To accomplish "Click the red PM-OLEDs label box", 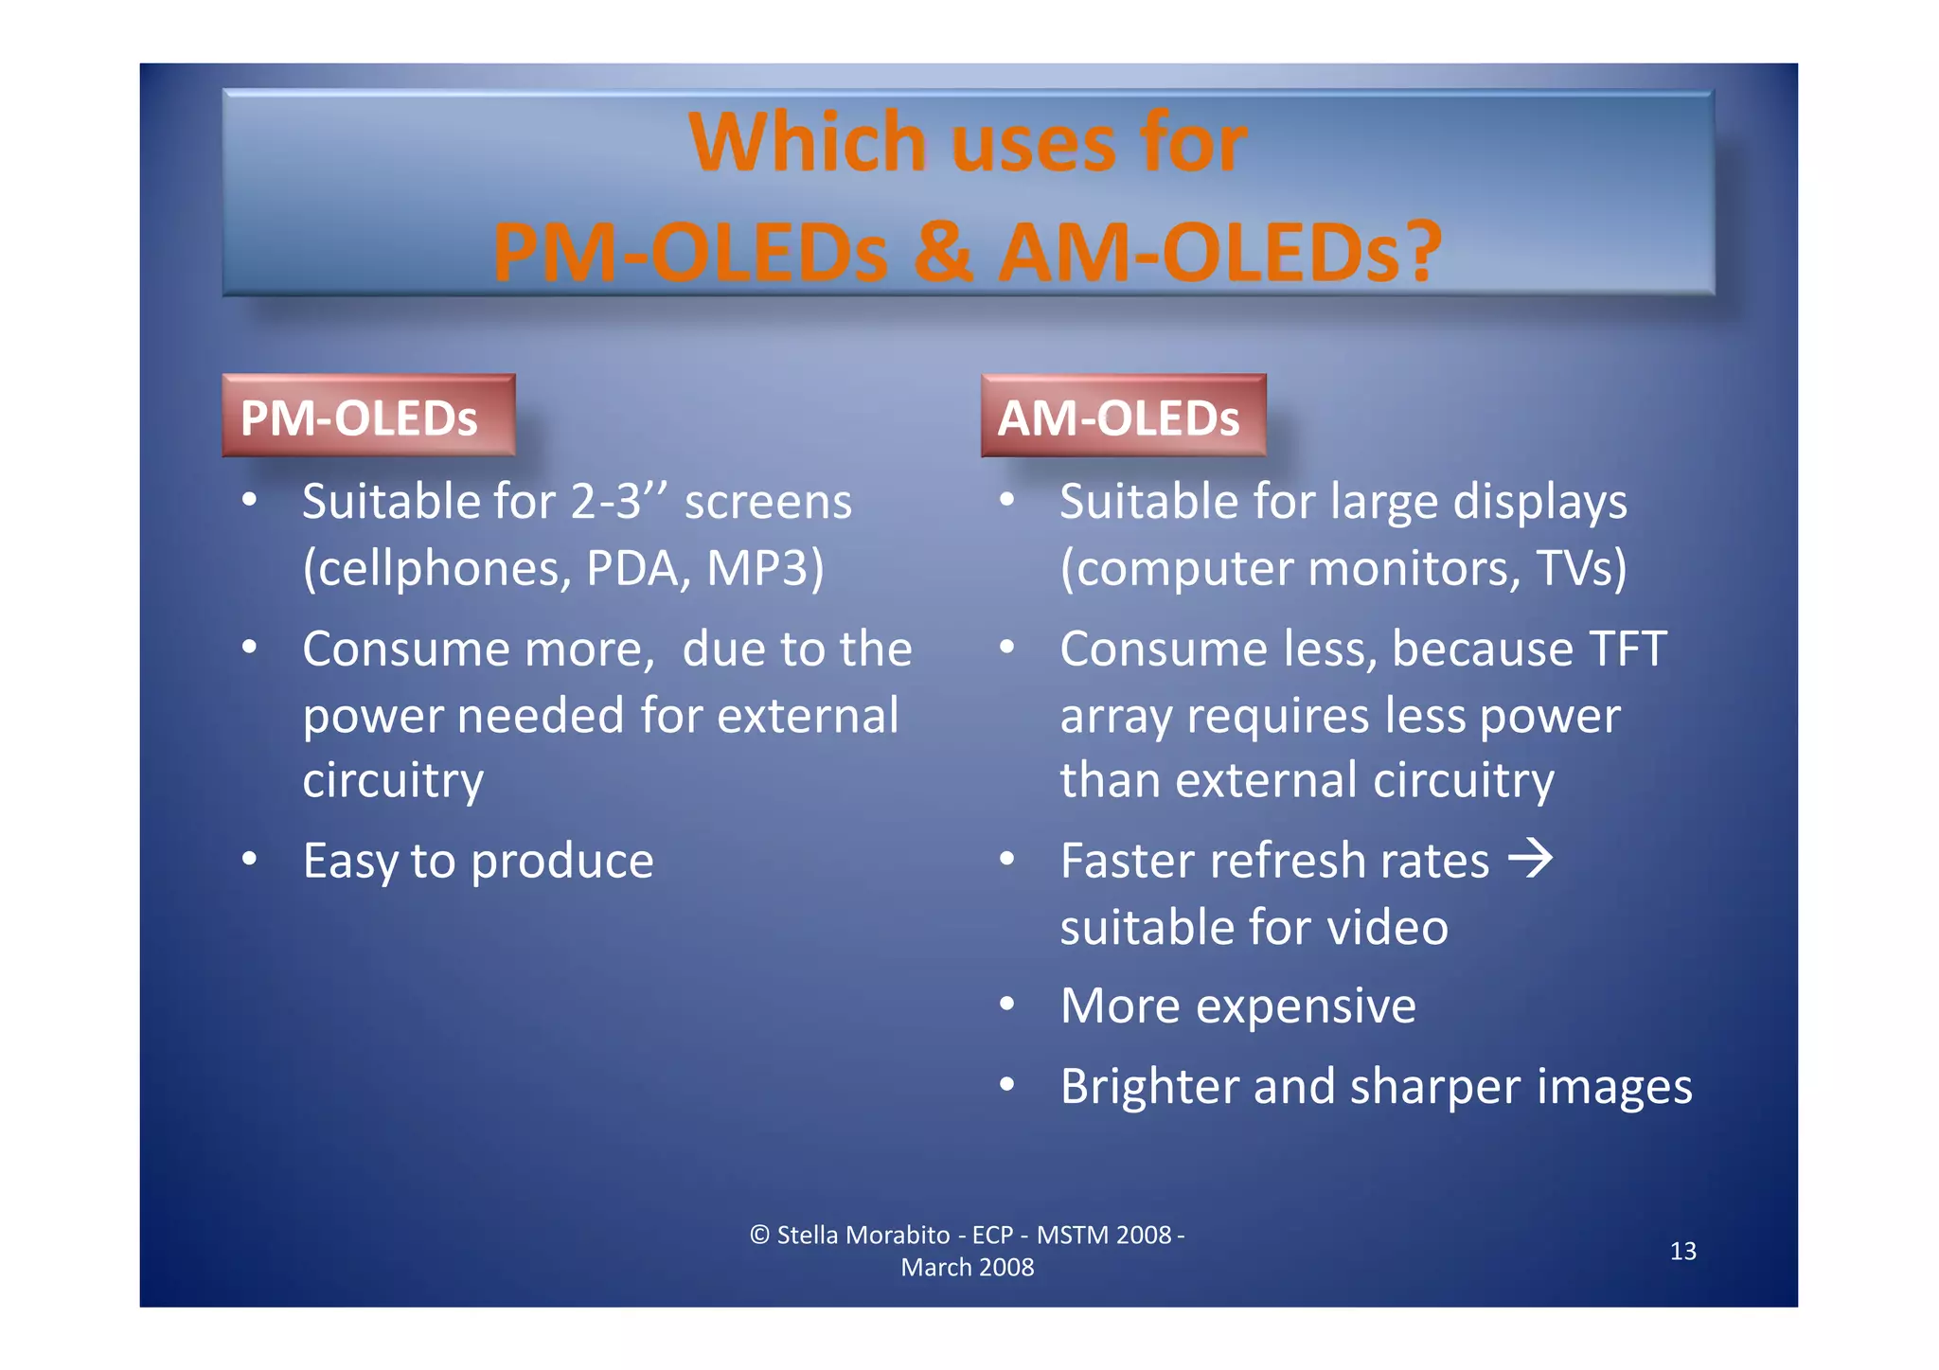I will tap(368, 417).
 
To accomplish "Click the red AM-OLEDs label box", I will tap(1123, 417).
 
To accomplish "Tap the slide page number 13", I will tap(1682, 1252).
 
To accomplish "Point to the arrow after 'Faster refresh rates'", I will tap(1530, 858).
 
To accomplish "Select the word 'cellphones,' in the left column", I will tap(437, 568).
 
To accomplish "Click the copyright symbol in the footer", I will tap(759, 1235).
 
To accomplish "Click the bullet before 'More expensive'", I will tap(1007, 1005).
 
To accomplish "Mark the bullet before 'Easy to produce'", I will tap(249, 860).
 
